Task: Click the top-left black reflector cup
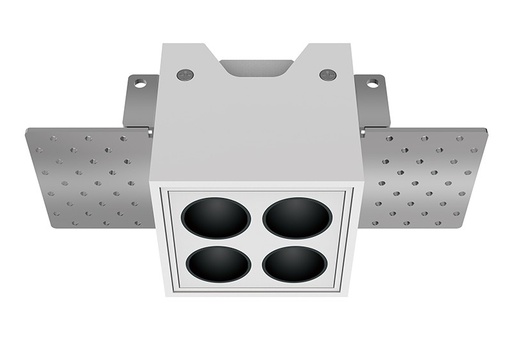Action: [217, 217]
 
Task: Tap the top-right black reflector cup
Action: [296, 217]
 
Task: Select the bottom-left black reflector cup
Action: [217, 264]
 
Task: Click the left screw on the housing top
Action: [184, 74]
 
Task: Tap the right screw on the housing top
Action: [327, 74]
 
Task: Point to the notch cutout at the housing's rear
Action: [256, 67]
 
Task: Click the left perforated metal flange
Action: [88, 176]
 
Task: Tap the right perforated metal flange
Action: [424, 176]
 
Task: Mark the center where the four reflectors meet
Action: [256, 241]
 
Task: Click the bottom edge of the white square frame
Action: [256, 293]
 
